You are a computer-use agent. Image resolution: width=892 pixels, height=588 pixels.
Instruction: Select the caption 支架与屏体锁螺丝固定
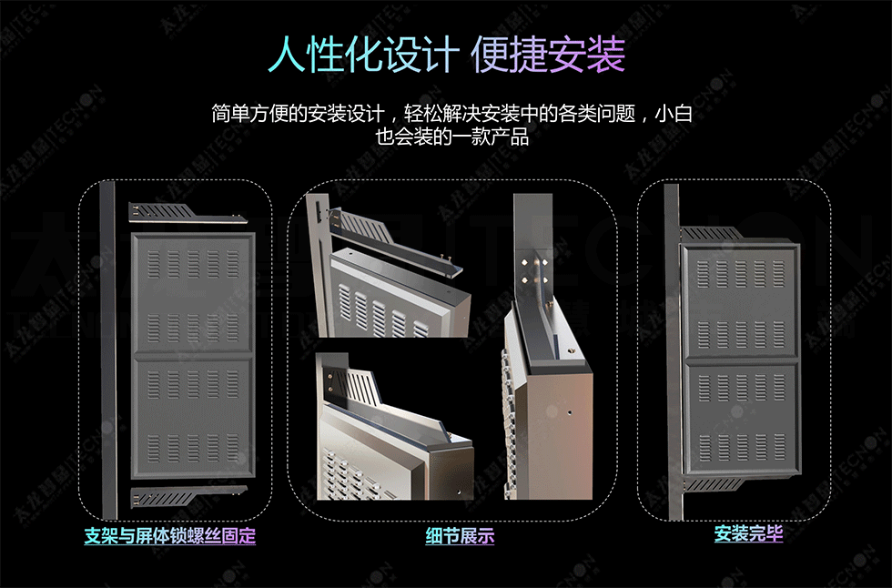pyautogui.click(x=170, y=536)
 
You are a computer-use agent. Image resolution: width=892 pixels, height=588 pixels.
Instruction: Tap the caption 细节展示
pyautogui.click(x=460, y=536)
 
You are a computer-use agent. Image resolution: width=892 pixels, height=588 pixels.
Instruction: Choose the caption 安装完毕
pyautogui.click(x=748, y=534)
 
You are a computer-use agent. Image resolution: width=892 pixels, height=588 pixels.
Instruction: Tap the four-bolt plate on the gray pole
pyautogui.click(x=533, y=271)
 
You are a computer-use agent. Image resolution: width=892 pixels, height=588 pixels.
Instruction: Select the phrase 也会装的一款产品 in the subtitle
pyautogui.click(x=452, y=138)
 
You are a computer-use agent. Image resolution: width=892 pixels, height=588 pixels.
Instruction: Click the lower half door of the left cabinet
pyautogui.click(x=192, y=419)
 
